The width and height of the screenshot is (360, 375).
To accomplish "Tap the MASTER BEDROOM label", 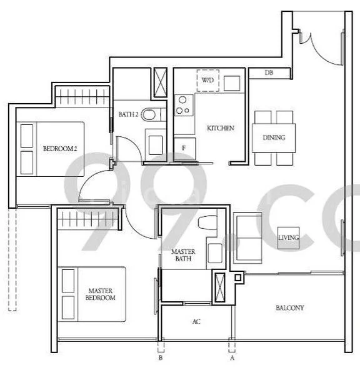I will (x=100, y=294).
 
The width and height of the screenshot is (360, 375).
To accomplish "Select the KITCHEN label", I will (x=220, y=128).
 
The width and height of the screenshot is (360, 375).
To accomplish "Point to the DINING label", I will (x=274, y=137).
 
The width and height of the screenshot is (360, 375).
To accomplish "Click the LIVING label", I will (x=289, y=237).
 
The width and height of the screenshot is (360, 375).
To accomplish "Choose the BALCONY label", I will (x=289, y=308).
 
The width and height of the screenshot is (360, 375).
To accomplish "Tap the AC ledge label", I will (x=196, y=322).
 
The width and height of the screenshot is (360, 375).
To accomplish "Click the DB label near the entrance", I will (x=269, y=73).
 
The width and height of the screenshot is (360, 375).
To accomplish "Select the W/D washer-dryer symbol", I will (x=207, y=79).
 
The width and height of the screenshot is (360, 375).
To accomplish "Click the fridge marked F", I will (x=184, y=147).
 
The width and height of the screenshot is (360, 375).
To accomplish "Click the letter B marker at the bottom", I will (x=161, y=359).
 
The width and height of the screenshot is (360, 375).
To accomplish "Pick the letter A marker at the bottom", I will (x=232, y=359).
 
